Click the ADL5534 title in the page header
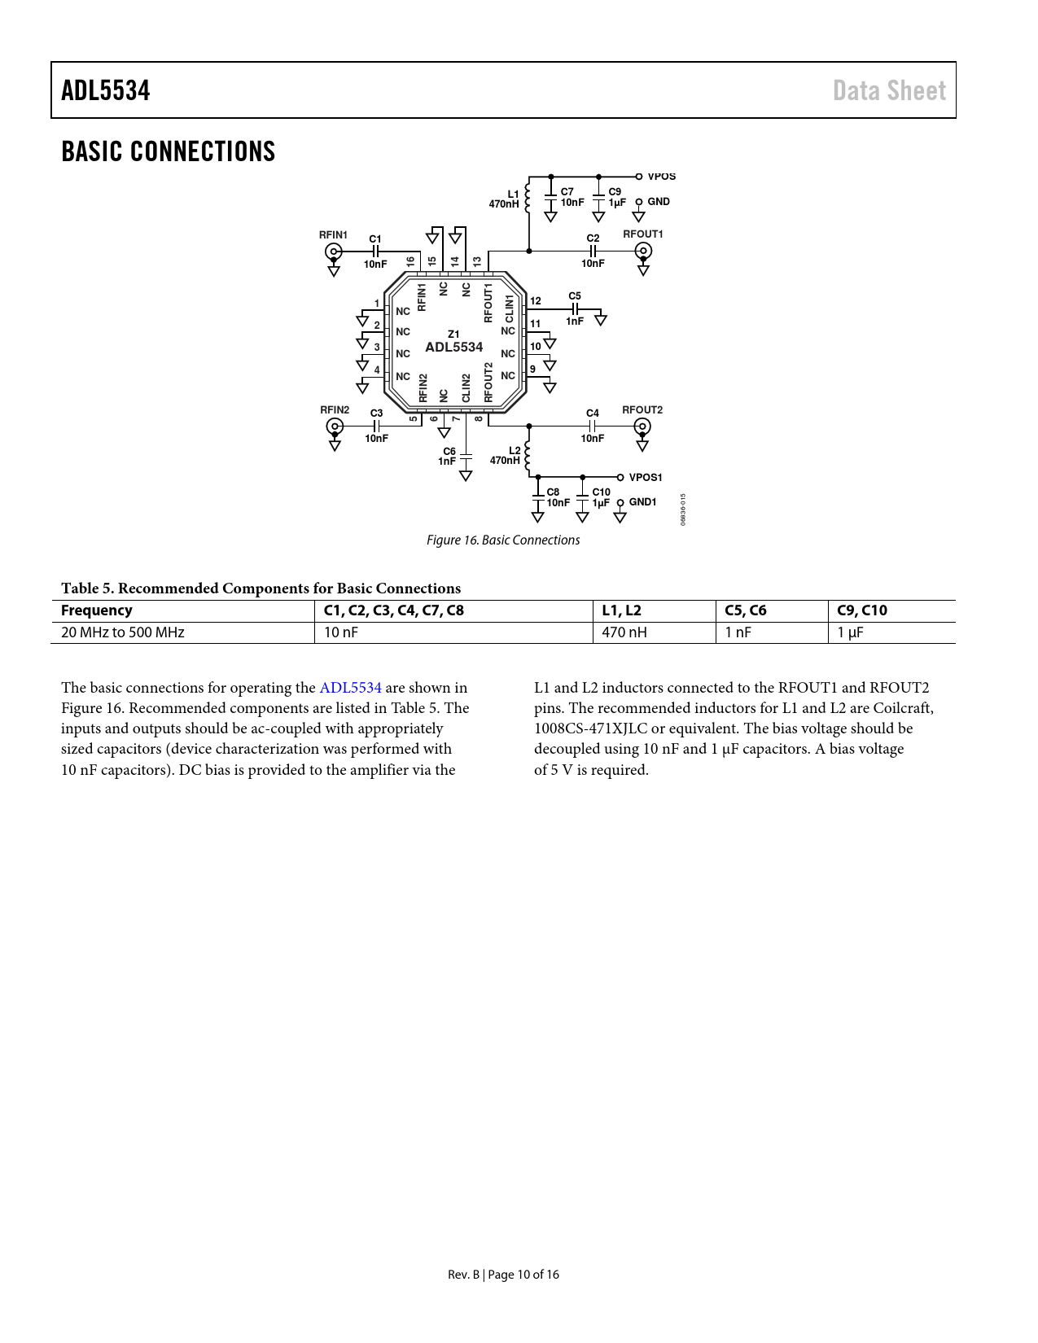click(x=106, y=90)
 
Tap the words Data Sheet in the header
click(x=889, y=90)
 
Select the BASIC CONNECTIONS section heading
click(x=169, y=151)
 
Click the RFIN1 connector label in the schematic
click(x=333, y=235)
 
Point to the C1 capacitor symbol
click(x=375, y=252)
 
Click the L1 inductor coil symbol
click(x=528, y=198)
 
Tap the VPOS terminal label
click(x=662, y=177)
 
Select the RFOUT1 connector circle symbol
click(x=643, y=251)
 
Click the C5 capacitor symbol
click(x=575, y=309)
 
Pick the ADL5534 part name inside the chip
click(x=454, y=348)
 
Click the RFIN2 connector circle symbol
click(x=334, y=426)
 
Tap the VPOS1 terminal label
click(x=646, y=478)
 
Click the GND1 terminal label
click(x=642, y=502)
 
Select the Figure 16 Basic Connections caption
click(x=503, y=540)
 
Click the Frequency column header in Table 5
click(x=97, y=610)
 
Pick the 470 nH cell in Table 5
click(x=624, y=632)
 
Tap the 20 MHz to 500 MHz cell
click(x=123, y=632)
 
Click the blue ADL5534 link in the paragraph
click(x=350, y=688)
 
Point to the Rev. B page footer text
click(x=503, y=1275)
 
